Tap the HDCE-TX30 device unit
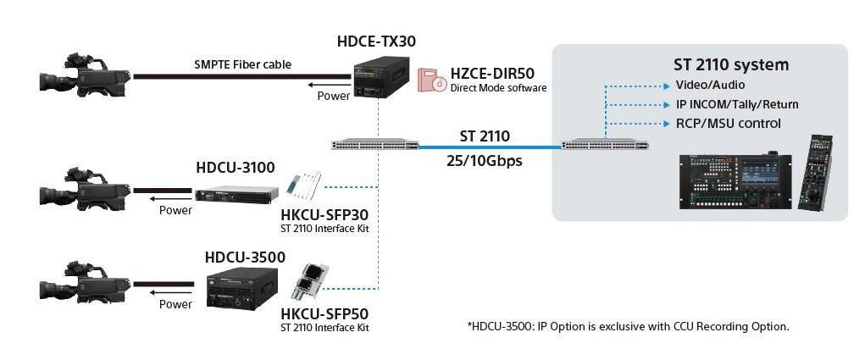tap(380, 79)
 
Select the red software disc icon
tap(431, 80)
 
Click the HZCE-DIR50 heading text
tap(492, 74)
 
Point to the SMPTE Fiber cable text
tap(243, 64)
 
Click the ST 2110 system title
tap(730, 65)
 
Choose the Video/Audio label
tap(710, 86)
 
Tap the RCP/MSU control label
tap(729, 123)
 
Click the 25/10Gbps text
tap(485, 162)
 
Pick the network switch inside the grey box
tap(605, 146)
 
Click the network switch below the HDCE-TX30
tap(375, 146)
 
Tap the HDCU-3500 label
tap(245, 257)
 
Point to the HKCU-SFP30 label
tap(324, 215)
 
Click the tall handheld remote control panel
tap(815, 173)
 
